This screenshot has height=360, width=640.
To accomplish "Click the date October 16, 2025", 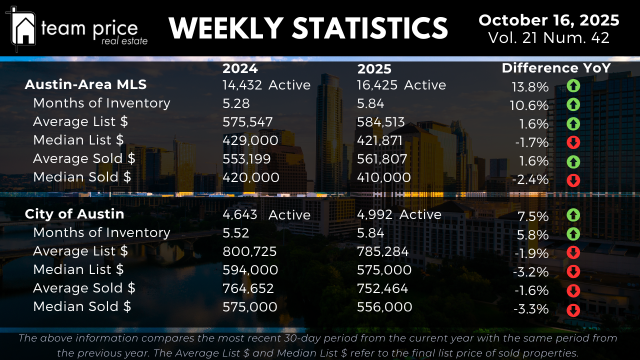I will coord(548,20).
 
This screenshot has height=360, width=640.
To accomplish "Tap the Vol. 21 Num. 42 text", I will coord(548,38).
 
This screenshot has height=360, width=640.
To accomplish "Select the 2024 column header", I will coord(240,68).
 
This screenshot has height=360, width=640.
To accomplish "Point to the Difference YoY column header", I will coord(556,68).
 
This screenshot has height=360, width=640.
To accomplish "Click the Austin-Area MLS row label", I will coord(85,84).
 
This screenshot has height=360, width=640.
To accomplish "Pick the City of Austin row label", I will coord(74,214).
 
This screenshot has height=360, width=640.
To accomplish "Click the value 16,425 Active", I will coord(401,85).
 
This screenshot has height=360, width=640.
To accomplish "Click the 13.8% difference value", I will coord(530,87).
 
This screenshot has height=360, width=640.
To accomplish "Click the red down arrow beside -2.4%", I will coord(573,180).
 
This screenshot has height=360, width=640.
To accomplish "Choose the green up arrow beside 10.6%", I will coord(573,105).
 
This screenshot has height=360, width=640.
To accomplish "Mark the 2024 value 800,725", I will coord(249,251).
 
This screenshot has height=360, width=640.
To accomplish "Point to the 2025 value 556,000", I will coord(384,307).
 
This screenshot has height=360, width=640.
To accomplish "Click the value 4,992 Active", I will coord(399,214).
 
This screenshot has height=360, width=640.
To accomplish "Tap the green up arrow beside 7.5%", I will coord(573,215).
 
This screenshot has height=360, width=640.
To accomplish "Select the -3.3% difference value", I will coord(531,309).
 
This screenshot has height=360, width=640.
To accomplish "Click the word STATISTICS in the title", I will coord(370,28).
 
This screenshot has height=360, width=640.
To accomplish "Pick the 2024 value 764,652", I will coord(248,288).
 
